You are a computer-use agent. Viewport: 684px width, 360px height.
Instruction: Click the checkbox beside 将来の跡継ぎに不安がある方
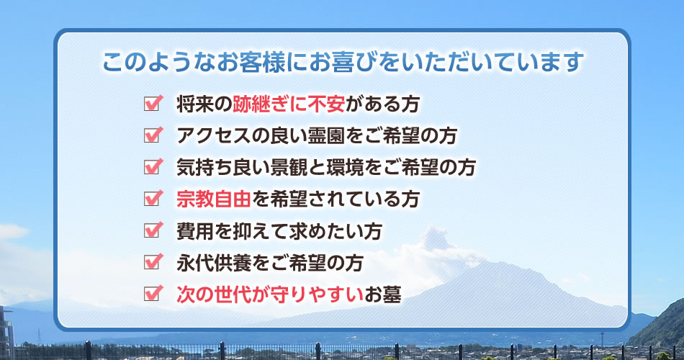click(153, 104)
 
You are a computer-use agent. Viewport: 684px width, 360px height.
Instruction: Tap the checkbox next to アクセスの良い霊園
click(153, 135)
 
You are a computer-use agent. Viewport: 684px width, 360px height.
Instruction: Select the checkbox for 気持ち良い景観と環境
click(153, 167)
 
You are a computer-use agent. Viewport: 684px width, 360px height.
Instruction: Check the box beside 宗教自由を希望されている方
click(153, 199)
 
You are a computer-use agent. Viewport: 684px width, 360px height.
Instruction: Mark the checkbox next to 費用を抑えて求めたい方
click(153, 230)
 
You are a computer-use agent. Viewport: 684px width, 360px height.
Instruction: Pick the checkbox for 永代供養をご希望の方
click(153, 262)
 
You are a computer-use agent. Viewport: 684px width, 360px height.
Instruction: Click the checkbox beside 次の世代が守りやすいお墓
click(153, 294)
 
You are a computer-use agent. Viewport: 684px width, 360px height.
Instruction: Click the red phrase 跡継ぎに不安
click(289, 104)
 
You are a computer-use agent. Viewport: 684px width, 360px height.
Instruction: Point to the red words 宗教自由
click(214, 199)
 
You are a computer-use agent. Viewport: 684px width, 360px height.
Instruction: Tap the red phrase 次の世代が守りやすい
click(270, 294)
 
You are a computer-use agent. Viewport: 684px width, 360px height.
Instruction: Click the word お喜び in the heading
click(343, 62)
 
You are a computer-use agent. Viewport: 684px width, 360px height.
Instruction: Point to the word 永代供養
click(214, 263)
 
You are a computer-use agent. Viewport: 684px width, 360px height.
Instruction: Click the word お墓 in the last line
click(382, 294)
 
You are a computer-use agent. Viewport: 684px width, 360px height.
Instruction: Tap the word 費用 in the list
click(195, 231)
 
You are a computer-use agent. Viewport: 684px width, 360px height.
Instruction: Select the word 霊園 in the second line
click(326, 135)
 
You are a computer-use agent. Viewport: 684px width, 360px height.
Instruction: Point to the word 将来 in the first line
click(195, 104)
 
